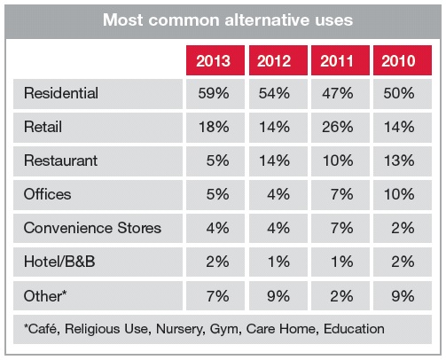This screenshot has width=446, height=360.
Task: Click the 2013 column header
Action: (214, 61)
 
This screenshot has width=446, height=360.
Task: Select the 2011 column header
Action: (337, 61)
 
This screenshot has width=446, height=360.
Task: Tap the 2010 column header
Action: (398, 61)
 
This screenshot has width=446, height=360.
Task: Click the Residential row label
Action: (61, 93)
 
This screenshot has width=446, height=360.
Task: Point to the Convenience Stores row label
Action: (92, 228)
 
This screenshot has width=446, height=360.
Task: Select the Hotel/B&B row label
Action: (59, 262)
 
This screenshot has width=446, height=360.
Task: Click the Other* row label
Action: (45, 296)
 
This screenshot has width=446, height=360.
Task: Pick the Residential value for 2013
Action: (214, 93)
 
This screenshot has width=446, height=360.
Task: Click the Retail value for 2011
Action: (338, 127)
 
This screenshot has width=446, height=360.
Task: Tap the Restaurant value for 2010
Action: (399, 160)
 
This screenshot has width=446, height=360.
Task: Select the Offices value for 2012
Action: (278, 194)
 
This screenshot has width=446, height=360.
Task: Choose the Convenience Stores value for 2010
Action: (403, 228)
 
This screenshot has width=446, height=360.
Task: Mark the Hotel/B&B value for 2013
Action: (217, 262)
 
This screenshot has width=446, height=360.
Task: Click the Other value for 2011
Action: (341, 296)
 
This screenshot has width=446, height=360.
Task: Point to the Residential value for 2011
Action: (338, 93)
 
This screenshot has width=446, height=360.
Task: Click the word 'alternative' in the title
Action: (266, 20)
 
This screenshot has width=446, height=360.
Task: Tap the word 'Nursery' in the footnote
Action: (180, 329)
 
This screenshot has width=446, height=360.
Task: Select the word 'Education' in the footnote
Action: (354, 329)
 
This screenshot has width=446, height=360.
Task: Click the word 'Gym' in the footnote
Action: (225, 329)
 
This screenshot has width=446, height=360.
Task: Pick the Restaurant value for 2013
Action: (217, 160)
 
